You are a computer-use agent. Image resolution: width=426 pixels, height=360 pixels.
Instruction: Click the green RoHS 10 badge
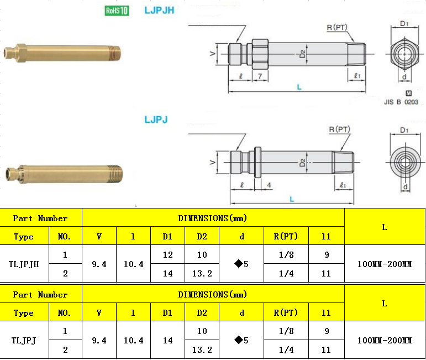coord(117,11)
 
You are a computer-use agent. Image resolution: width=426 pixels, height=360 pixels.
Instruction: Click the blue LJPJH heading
coord(159,11)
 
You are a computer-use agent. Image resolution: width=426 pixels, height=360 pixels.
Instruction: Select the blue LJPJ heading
coord(156,119)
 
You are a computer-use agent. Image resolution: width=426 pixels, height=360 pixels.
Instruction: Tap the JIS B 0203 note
coord(401,102)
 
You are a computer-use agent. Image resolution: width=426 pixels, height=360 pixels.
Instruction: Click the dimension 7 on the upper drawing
coord(260,76)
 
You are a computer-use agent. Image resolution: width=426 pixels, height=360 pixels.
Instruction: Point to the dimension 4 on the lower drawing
coord(269,185)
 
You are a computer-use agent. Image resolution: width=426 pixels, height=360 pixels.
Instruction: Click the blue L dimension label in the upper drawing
coord(299,87)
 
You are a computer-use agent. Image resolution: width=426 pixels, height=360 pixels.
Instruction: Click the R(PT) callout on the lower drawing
coord(340,129)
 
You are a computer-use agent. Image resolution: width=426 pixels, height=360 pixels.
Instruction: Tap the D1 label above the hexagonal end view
coord(404,24)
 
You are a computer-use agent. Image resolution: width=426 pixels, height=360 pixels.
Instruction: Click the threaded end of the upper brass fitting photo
coord(114,53)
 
